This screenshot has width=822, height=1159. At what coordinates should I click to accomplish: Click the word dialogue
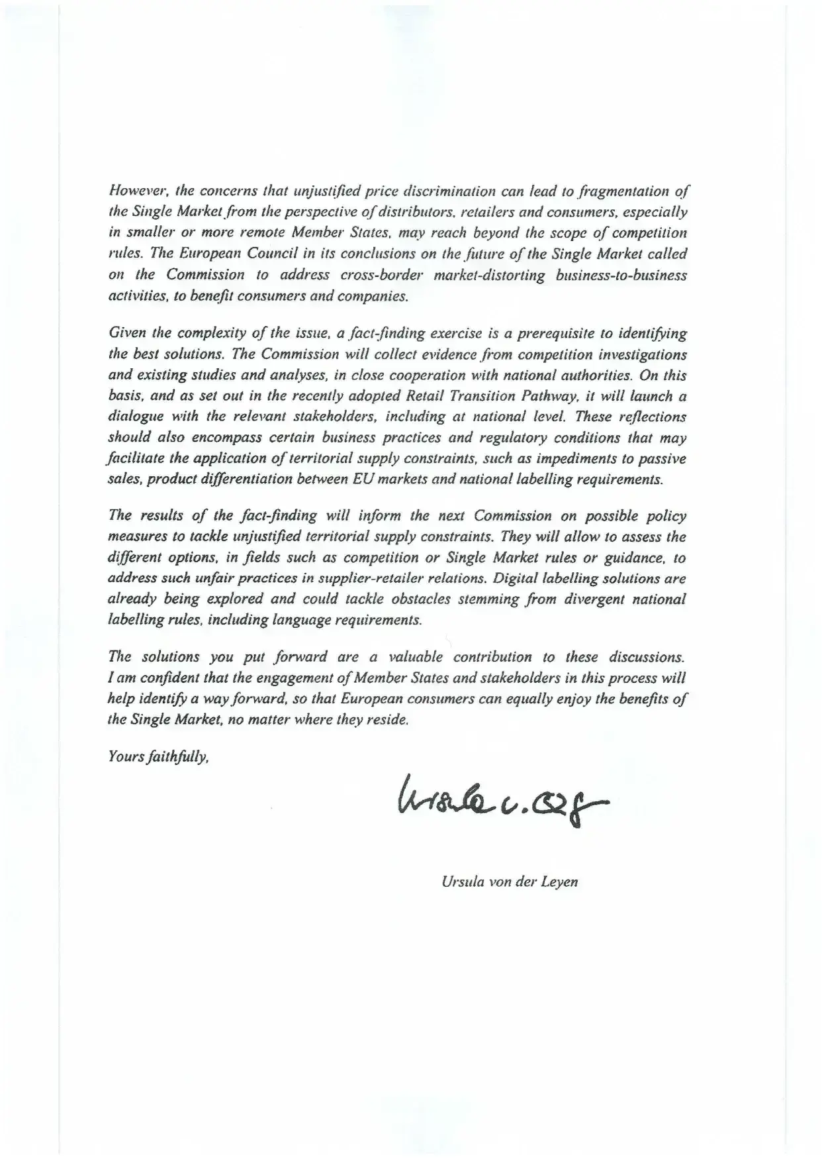pyautogui.click(x=133, y=417)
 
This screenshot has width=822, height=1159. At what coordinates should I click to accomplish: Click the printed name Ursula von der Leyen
pyautogui.click(x=509, y=882)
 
